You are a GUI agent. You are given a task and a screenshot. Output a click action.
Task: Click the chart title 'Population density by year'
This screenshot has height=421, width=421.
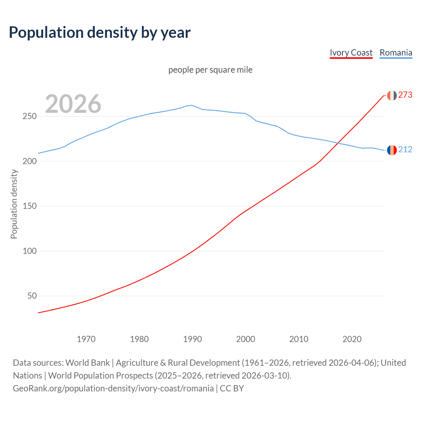coord(100,33)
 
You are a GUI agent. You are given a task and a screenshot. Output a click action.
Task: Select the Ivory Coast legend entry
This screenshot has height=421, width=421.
coord(351,53)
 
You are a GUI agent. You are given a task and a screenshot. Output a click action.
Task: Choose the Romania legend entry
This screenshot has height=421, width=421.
coord(396,53)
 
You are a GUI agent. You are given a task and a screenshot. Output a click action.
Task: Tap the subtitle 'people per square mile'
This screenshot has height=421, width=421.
coord(210,70)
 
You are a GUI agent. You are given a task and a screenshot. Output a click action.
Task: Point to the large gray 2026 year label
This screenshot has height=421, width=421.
coord(73,104)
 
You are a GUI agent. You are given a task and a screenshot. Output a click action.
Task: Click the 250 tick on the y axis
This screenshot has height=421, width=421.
coord(30,116)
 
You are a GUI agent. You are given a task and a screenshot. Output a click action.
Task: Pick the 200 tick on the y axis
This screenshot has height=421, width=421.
coord(30,161)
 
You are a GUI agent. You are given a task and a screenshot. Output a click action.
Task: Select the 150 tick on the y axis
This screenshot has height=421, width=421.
coord(30,206)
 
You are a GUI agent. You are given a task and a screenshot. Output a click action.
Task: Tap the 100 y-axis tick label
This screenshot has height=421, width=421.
coord(30,251)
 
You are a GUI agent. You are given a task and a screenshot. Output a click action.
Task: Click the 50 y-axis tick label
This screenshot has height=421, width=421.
coord(32,296)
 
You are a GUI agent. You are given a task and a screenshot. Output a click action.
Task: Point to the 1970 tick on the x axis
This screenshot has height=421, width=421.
coord(86,339)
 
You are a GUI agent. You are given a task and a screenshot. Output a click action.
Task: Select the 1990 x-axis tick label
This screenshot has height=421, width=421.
coord(192,339)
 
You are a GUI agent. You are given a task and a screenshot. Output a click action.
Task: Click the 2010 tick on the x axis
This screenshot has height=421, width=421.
coord(299,339)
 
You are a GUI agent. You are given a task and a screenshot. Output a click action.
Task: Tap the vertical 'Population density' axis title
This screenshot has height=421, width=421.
coord(14,204)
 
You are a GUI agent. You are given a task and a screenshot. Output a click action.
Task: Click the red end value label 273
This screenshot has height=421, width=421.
coord(405,95)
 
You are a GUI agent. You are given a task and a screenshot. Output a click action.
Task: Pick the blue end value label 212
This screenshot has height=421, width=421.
coord(405,150)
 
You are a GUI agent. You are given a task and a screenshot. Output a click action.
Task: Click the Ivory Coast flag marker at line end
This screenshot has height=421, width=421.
coord(392,95)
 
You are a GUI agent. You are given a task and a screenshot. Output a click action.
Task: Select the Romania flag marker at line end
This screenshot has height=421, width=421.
coord(392,150)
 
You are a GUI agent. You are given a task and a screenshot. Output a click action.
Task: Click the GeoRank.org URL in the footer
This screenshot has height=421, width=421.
coord(113,388)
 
